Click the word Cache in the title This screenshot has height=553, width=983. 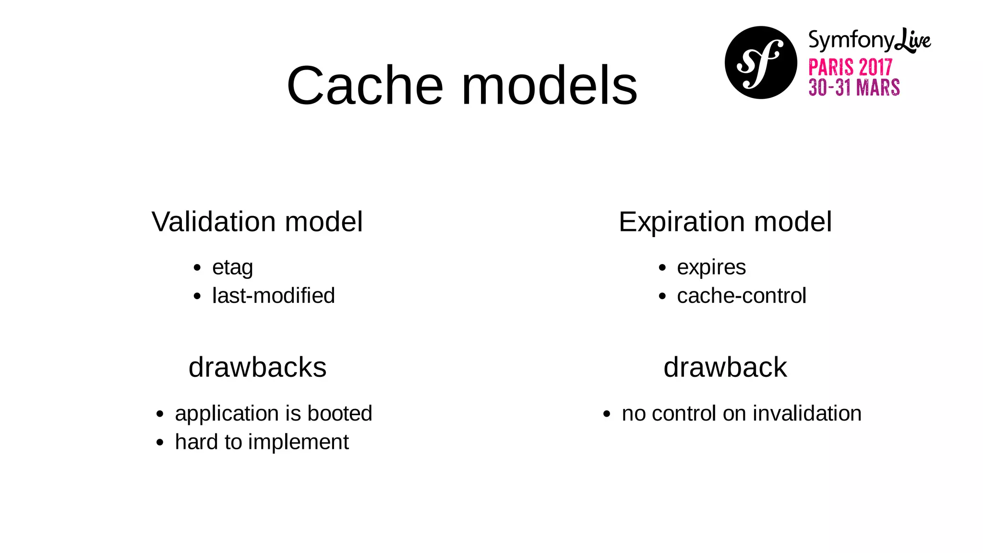pos(365,86)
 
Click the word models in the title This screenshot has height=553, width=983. pos(549,86)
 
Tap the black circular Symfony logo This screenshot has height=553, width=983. pos(761,63)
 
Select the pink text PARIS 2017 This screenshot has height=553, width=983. pos(850,68)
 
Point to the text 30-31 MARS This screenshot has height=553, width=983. pos(854,88)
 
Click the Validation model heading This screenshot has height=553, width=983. pos(257,222)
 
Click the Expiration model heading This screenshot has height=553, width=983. pos(725,222)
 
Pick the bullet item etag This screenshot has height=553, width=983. pos(232,268)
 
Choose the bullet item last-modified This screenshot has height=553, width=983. pos(273,296)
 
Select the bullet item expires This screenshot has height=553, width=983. pos(711,268)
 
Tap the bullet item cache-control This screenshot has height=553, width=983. pos(741,296)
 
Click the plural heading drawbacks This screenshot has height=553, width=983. pos(257,367)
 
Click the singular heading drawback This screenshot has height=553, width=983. pos(725,367)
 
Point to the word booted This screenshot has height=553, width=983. pos(340,413)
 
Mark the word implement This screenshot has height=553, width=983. pos(298,442)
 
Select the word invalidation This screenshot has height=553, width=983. pos(807,413)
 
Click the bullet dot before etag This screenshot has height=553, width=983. pos(197,268)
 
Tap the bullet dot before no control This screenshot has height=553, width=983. pos(607,414)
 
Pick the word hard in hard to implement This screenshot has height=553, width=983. pos(195,442)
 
